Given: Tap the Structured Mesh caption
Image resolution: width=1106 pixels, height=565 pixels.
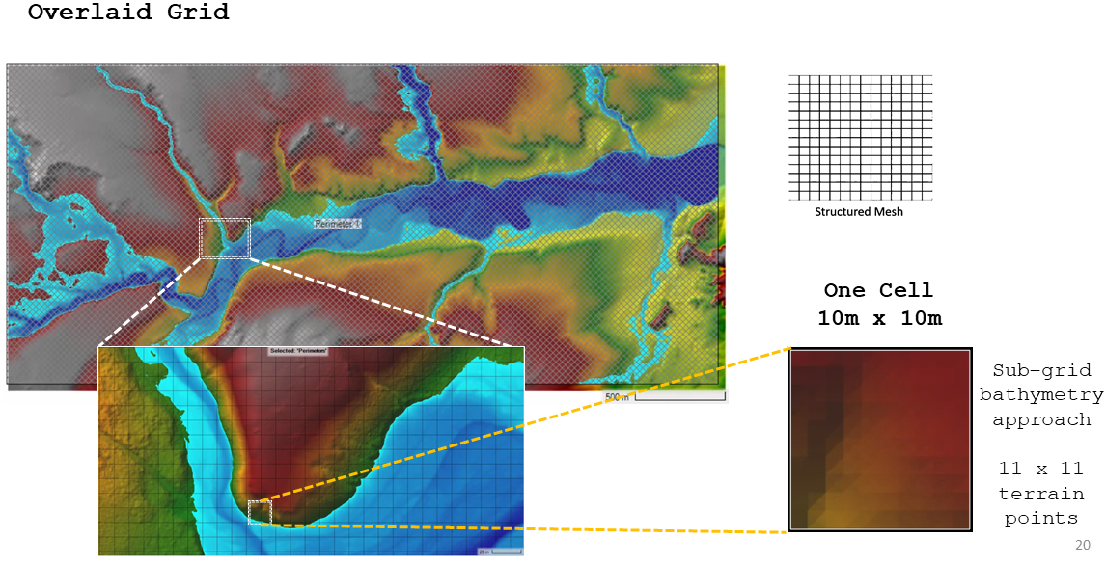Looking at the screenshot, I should (x=859, y=211).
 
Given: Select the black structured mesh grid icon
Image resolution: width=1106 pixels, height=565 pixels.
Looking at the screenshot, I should (x=860, y=136).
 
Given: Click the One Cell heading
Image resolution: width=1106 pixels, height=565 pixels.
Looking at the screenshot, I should (x=878, y=290).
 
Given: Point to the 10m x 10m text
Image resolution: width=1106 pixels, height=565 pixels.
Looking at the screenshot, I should (x=879, y=318).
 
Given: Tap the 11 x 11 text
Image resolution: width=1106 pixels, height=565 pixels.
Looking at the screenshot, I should (x=1040, y=469).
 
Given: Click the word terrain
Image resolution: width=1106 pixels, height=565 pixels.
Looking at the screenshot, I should (x=1040, y=494).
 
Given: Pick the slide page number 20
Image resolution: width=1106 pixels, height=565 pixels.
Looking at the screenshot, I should (x=1083, y=545).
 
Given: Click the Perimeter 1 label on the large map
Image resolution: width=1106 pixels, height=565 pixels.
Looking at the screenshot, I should (x=338, y=224).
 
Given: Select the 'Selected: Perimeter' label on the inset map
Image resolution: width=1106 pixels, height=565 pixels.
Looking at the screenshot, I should (x=297, y=352).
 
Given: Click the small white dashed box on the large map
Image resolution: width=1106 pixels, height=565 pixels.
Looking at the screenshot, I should (x=224, y=238).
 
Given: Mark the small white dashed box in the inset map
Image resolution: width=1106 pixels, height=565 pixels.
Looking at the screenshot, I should (x=260, y=512).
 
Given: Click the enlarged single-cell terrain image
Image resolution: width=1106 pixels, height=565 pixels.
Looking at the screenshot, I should (x=879, y=440).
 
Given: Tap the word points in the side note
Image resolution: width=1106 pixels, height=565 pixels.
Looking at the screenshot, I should (x=1040, y=519).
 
